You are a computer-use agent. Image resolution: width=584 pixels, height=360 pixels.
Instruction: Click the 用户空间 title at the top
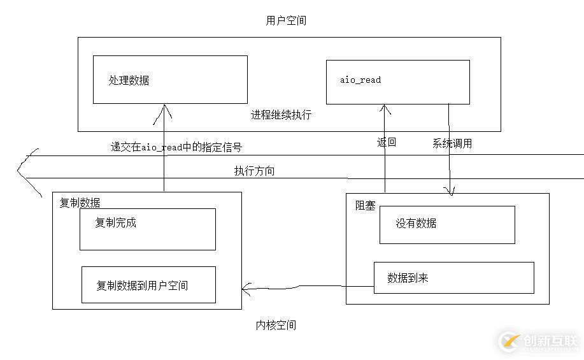(x=286, y=20)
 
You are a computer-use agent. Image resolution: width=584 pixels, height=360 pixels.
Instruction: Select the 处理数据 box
(x=170, y=80)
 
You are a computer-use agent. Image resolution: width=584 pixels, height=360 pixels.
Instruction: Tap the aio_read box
(x=397, y=82)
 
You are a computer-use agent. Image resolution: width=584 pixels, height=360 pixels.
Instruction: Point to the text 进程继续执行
(x=281, y=115)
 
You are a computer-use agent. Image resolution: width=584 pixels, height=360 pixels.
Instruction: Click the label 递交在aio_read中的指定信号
(x=176, y=147)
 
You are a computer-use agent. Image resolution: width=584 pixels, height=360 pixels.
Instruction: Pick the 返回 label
(x=387, y=142)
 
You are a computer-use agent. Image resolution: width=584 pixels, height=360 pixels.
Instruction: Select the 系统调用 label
(x=452, y=143)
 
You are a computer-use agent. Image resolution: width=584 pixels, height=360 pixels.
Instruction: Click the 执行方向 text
(x=254, y=171)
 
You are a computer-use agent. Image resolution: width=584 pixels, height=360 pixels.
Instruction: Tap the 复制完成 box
(x=147, y=229)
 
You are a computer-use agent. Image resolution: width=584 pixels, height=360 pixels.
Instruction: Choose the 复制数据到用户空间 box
(x=148, y=285)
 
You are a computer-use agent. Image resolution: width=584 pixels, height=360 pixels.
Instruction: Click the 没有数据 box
(x=447, y=224)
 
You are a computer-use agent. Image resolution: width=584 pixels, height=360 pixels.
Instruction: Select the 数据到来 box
(x=453, y=278)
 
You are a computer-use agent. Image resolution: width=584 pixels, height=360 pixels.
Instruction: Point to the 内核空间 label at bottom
(x=276, y=325)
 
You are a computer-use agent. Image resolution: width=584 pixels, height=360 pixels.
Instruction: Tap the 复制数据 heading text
(x=80, y=203)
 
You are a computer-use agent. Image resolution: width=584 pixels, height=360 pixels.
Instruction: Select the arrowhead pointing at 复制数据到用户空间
(x=245, y=290)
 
